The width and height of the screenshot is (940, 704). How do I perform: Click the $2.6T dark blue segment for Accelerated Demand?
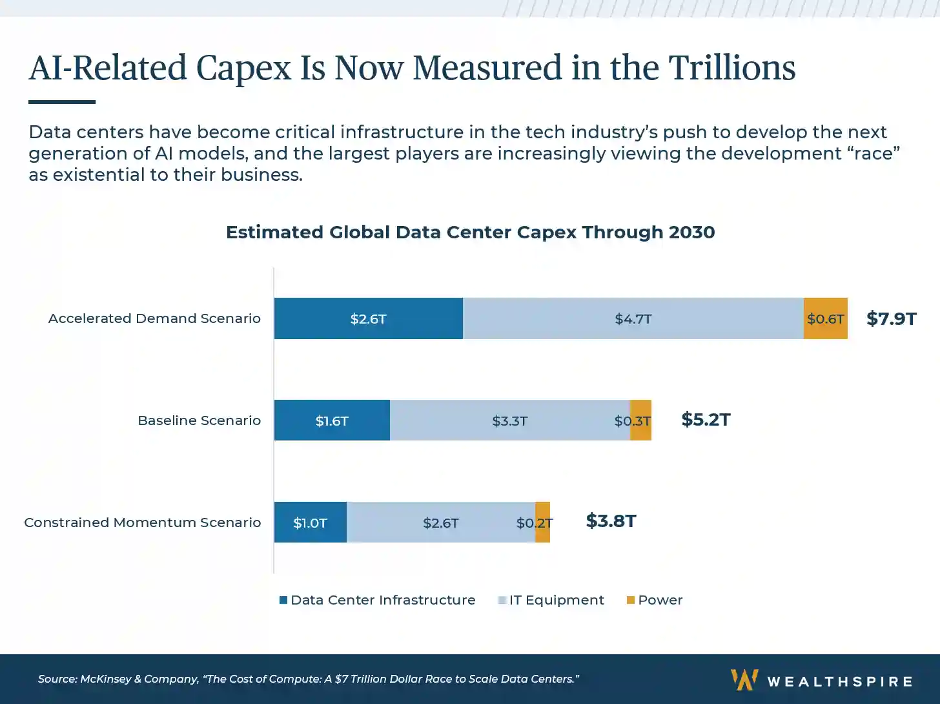pos(368,318)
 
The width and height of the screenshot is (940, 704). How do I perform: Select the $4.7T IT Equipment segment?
pos(633,318)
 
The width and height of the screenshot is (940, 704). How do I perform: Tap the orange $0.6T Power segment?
pos(825,318)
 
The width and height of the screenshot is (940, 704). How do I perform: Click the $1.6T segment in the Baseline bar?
pos(332,420)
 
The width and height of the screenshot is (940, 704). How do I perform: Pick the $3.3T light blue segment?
pos(509,420)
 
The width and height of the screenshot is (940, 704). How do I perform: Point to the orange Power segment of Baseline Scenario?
pos(641,420)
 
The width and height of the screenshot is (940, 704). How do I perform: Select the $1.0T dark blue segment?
pos(310,523)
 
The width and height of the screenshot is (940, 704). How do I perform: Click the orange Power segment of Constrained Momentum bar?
pos(543,523)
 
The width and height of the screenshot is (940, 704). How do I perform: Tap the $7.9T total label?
pos(891,318)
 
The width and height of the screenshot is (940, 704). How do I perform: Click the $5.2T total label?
pos(706,420)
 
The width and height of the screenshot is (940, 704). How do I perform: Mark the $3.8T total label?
pos(611,521)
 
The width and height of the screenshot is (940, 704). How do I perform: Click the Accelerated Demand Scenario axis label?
pos(154,318)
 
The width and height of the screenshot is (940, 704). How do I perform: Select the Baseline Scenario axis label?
pos(199,420)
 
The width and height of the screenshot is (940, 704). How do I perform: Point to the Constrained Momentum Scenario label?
pos(143,523)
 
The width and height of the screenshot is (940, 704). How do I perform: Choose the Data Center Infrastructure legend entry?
pos(378,600)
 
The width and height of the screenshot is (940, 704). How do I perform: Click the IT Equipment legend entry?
pos(551,600)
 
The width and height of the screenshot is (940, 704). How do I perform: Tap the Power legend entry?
pos(655,600)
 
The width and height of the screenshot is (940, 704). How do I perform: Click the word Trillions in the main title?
pos(731,68)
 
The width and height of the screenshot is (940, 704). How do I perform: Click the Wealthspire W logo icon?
pos(744,679)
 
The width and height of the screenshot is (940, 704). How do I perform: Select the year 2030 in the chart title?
pos(691,233)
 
